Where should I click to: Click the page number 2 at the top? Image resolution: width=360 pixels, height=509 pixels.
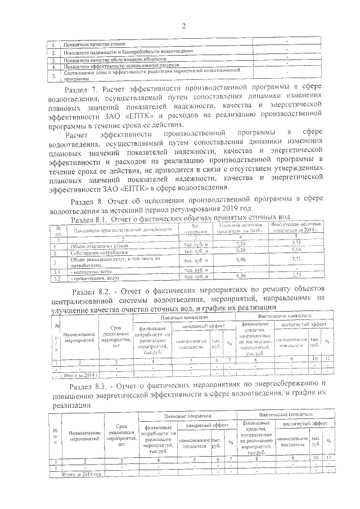[183, 25]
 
